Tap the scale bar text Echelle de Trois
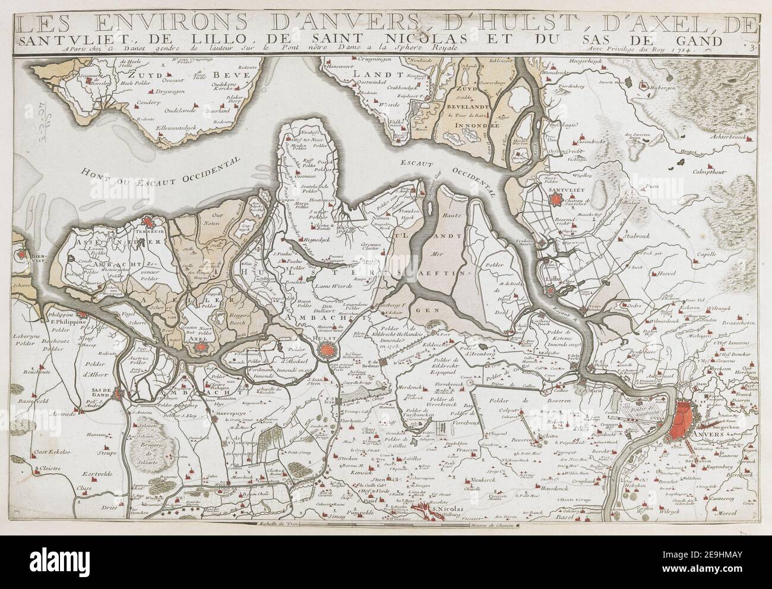click(277, 524)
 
